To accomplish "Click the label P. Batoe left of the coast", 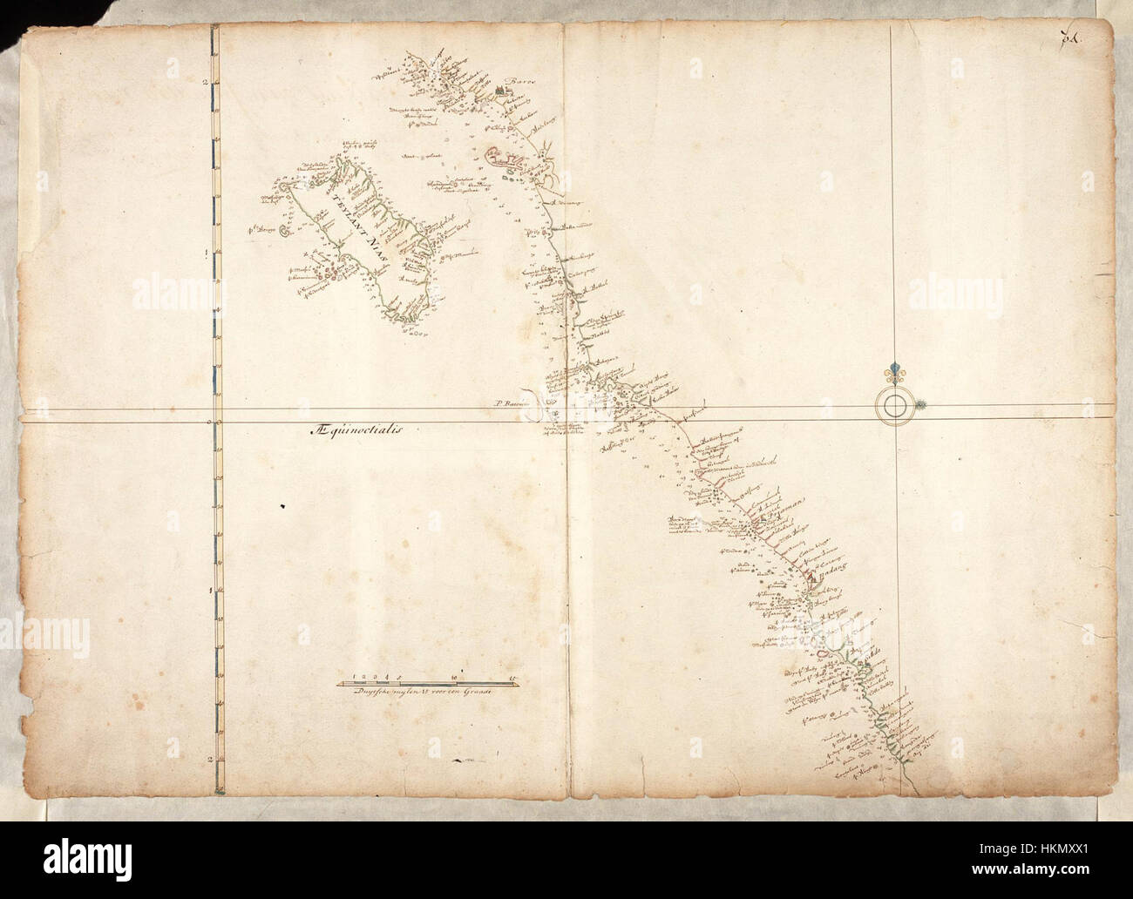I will coord(506,403).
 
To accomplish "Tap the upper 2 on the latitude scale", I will coord(204,83).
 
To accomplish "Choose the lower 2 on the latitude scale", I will coord(204,758).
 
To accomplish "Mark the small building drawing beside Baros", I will coord(500,91).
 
